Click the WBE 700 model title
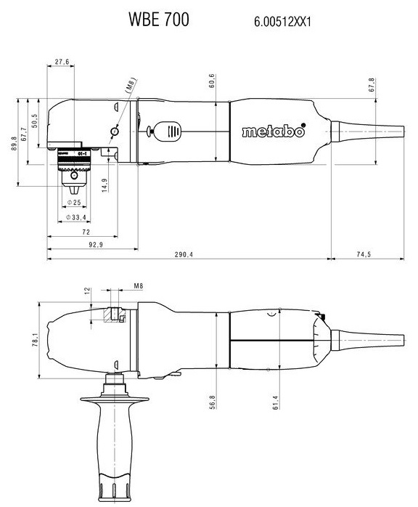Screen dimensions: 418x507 159,20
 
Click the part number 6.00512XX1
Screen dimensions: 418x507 282,22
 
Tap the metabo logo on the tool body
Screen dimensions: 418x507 274,131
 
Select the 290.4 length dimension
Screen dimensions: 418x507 184,255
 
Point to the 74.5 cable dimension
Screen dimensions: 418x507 364,254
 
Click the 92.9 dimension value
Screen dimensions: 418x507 96,245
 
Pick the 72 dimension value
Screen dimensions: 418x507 86,232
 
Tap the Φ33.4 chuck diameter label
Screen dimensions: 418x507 76,218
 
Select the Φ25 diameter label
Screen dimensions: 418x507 74,203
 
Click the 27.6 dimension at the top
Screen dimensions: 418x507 62,62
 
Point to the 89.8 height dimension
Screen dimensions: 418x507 14,143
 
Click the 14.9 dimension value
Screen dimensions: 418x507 104,185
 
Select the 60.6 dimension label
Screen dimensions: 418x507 212,81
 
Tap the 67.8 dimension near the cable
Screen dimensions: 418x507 372,85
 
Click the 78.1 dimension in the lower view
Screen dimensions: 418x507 36,341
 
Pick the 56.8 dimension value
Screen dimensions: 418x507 212,402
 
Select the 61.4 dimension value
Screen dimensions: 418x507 276,402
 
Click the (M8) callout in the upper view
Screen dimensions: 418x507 131,86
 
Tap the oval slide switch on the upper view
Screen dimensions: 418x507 168,131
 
